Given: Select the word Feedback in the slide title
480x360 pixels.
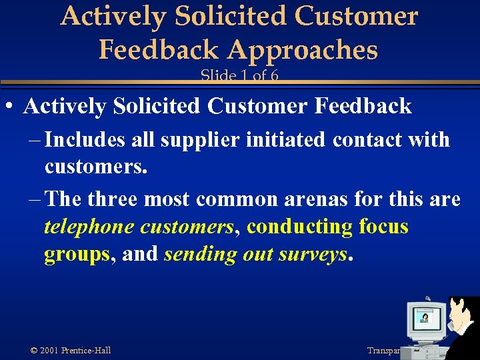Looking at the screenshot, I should click(x=158, y=49).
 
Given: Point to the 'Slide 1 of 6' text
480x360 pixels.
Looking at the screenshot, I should click(x=239, y=76).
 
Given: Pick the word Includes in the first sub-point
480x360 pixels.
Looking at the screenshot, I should click(x=85, y=140).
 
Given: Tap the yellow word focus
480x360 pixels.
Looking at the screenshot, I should click(x=383, y=227).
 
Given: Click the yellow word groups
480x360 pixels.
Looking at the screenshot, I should click(x=76, y=255).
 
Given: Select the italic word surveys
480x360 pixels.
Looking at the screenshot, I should click(x=310, y=255).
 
